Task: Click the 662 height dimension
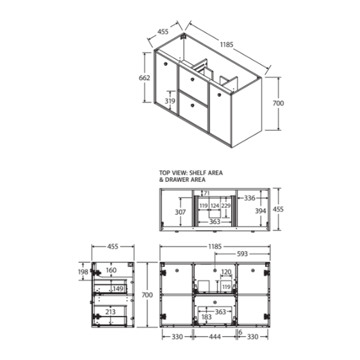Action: tap(144, 78)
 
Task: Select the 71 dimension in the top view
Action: tap(207, 193)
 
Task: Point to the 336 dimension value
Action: tap(249, 198)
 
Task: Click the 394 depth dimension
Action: tap(261, 211)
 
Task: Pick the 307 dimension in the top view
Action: tap(180, 212)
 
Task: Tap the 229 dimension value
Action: tap(226, 206)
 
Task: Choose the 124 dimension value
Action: tap(215, 206)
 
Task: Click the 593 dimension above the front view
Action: tap(242, 254)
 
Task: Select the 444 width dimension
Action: tap(215, 337)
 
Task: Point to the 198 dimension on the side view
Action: tap(83, 272)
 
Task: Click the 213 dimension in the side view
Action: tap(110, 312)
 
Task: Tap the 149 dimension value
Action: tap(118, 289)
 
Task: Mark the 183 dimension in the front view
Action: tap(207, 317)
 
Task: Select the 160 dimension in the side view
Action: tap(111, 270)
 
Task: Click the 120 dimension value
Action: tap(226, 272)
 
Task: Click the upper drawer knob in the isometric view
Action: tap(193, 79)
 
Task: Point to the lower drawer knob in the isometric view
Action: tap(192, 106)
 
